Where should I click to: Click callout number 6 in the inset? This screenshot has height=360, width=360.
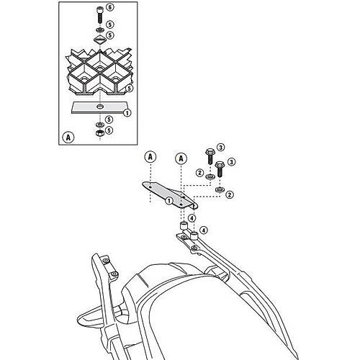[x=110, y=7]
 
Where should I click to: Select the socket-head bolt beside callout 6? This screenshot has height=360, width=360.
[x=99, y=14]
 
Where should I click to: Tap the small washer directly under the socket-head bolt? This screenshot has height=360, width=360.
[x=99, y=30]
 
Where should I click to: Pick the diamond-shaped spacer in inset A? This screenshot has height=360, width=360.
[x=99, y=40]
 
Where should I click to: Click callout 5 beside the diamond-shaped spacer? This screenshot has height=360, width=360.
[x=109, y=35]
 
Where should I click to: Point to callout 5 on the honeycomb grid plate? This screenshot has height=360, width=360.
[x=129, y=89]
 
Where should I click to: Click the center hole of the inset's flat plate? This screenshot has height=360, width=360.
[x=99, y=106]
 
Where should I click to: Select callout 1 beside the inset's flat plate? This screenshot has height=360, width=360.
[x=127, y=113]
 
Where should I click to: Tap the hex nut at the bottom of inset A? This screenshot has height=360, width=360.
[x=99, y=132]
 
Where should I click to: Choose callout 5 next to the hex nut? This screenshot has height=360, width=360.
[x=109, y=130]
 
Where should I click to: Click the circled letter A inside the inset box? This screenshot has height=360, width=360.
[x=68, y=138]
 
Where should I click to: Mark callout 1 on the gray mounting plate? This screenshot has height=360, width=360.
[x=169, y=201]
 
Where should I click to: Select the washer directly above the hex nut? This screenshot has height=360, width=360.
[x=99, y=125]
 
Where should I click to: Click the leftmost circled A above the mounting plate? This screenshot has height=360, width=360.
[x=150, y=157]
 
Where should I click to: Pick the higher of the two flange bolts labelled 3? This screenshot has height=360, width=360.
[x=210, y=156]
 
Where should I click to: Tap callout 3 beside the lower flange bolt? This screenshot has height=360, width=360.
[x=231, y=162]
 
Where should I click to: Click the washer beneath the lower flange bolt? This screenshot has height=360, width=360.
[x=219, y=189]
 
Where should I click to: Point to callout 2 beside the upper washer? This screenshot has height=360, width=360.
[x=199, y=173]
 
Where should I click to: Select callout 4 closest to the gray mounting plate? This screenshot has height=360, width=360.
[x=192, y=218]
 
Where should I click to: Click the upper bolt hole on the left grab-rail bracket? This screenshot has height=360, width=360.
[x=106, y=261]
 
